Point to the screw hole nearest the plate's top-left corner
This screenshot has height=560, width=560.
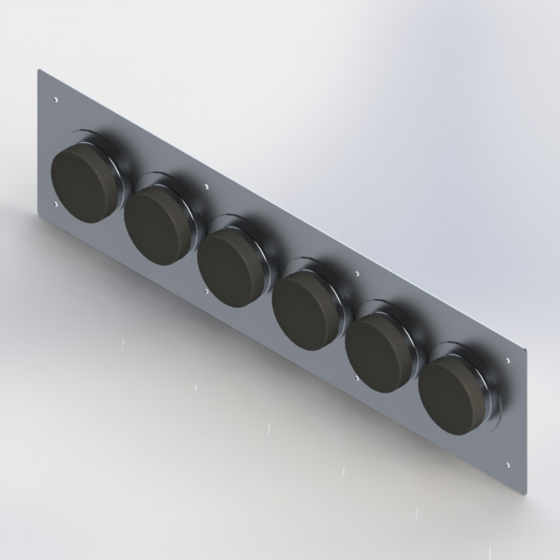click(x=55, y=101)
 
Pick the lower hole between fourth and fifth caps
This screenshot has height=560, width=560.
click(x=358, y=378)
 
